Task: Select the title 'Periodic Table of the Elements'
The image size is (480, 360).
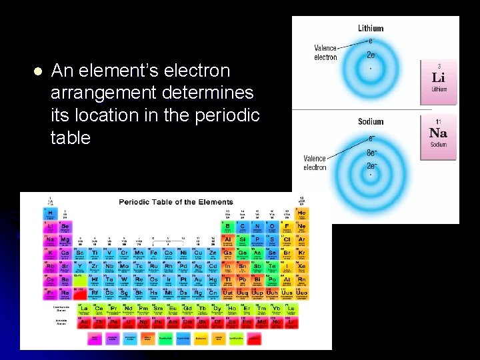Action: pyautogui.click(x=176, y=202)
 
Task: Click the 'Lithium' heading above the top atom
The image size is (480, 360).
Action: pyautogui.click(x=371, y=29)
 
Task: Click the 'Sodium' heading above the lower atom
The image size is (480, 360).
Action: pyautogui.click(x=371, y=122)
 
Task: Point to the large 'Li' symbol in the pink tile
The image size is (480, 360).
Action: pyautogui.click(x=438, y=77)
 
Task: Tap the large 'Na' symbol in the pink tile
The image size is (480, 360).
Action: pyautogui.click(x=438, y=133)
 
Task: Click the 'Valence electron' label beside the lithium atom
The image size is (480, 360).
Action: pyautogui.click(x=325, y=53)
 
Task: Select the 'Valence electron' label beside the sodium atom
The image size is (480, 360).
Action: pyautogui.click(x=315, y=163)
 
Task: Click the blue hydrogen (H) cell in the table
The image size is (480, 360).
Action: pyautogui.click(x=51, y=213)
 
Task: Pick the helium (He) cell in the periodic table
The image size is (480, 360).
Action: pyautogui.click(x=301, y=213)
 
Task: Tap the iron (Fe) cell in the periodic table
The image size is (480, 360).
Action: pyautogui.click(x=154, y=253)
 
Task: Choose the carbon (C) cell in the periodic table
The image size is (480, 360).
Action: pyautogui.click(x=242, y=227)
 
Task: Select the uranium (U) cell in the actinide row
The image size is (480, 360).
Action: pyautogui.click(x=128, y=322)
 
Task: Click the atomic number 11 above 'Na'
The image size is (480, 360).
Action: pyautogui.click(x=438, y=122)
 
